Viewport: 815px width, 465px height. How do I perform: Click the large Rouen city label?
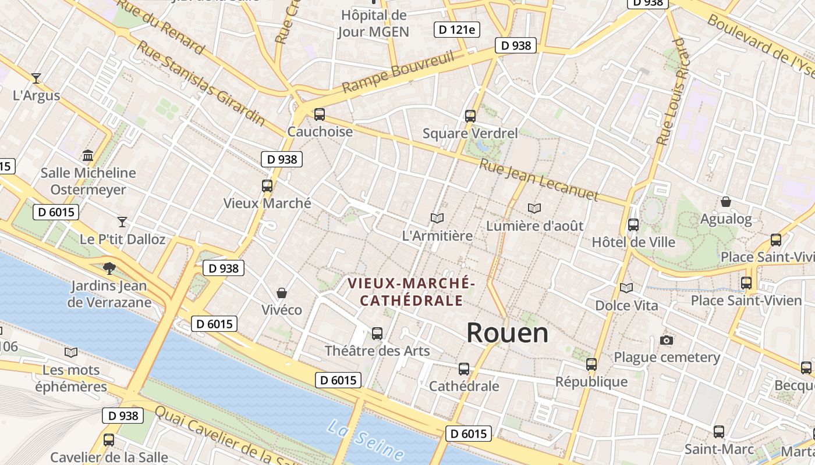click(x=507, y=333)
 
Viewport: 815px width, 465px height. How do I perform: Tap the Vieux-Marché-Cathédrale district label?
click(x=412, y=292)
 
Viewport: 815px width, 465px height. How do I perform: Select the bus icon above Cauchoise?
click(x=319, y=115)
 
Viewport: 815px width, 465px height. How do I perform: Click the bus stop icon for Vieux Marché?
click(x=267, y=186)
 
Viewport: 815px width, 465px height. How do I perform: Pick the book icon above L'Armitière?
click(x=437, y=218)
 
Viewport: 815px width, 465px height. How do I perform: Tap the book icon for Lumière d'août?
click(x=534, y=208)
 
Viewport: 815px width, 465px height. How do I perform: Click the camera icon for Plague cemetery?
click(x=667, y=340)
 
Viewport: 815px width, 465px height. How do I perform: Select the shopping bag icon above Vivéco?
click(x=282, y=292)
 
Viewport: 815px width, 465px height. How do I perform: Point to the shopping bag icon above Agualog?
click(x=726, y=202)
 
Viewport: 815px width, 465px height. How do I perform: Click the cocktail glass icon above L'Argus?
click(x=36, y=78)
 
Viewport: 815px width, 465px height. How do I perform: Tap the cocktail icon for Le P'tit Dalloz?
click(x=122, y=221)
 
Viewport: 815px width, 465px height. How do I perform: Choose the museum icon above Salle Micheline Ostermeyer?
click(x=88, y=155)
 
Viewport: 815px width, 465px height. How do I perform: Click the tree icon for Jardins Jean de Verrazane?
click(x=109, y=268)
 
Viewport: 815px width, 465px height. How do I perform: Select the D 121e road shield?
click(x=457, y=30)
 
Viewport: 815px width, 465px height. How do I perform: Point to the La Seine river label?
click(x=365, y=439)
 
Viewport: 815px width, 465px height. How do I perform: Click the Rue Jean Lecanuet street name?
click(x=538, y=180)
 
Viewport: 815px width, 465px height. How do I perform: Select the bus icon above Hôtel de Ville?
click(x=633, y=224)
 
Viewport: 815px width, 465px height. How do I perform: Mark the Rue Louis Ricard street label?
click(x=671, y=92)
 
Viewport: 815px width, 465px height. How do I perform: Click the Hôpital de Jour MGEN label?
click(x=374, y=23)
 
